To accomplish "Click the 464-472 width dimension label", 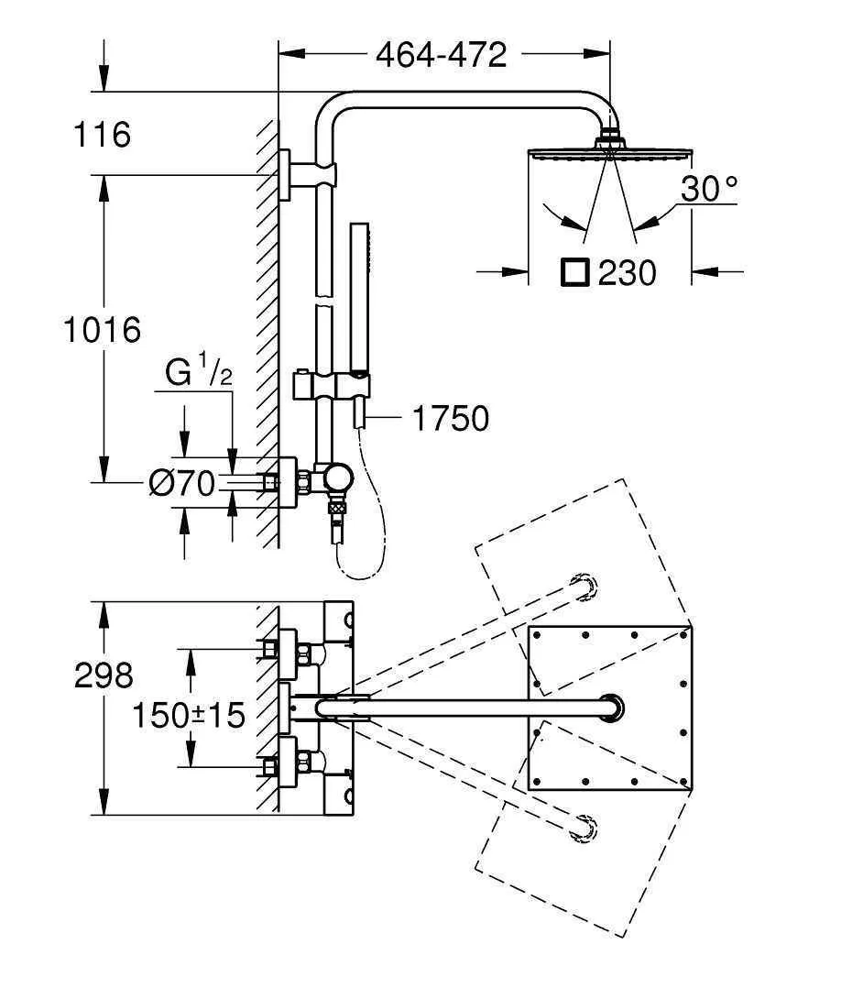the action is tap(442, 55).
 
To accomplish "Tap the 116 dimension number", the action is tap(103, 135).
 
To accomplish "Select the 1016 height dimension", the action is tap(103, 331).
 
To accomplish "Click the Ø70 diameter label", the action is tap(182, 484).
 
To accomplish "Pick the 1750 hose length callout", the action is tap(451, 419).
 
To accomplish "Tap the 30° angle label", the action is tap(709, 189).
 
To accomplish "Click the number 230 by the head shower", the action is tap(627, 273).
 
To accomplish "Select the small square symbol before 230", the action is tap(575, 273).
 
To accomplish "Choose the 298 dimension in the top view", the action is tap(104, 676).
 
